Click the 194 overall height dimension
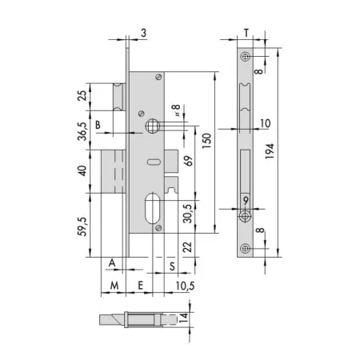[270, 151]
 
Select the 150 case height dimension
[207, 141]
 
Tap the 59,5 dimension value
[82, 226]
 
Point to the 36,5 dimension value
[82, 131]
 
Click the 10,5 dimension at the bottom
[185, 286]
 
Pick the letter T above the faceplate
[246, 33]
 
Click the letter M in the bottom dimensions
[114, 286]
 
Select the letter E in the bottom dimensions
[141, 286]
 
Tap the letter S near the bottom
[172, 266]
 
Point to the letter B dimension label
[98, 125]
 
